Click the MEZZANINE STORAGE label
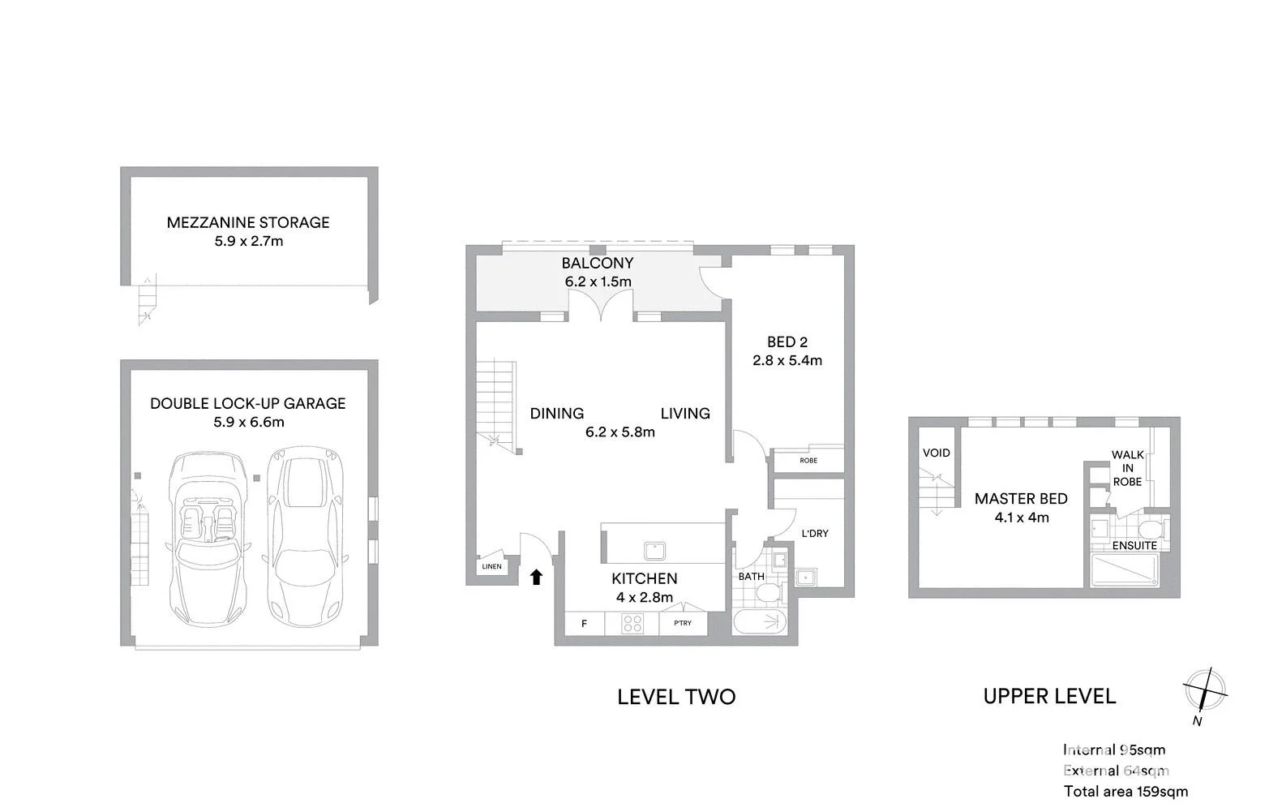[248, 223]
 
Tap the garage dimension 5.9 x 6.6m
[249, 422]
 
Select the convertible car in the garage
[208, 539]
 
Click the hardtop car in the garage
[305, 537]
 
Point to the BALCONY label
[597, 263]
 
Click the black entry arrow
[536, 578]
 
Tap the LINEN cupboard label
[491, 567]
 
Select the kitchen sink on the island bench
[654, 550]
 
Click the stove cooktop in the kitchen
[632, 624]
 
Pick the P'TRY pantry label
[683, 623]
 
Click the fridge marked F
[584, 624]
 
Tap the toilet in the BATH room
[770, 594]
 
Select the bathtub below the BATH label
[760, 622]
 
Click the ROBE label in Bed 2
[808, 461]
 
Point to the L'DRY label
[815, 533]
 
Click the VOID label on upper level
[936, 453]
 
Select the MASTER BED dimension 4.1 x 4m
[1022, 518]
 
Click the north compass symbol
[1205, 690]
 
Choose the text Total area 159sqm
[1125, 792]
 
